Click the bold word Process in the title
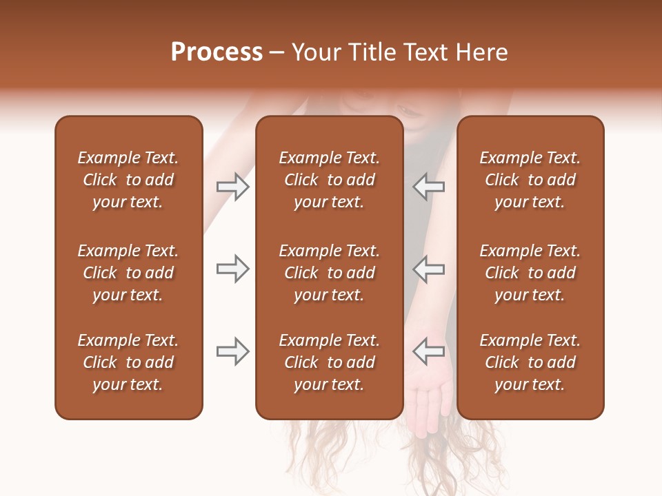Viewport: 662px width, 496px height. point(217,52)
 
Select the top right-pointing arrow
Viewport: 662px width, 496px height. point(233,187)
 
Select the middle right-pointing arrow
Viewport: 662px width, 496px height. point(233,269)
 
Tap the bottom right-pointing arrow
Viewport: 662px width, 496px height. point(233,351)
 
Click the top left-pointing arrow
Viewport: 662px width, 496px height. point(428,187)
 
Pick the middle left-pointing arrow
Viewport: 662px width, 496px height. point(428,269)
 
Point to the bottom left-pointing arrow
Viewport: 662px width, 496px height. point(428,351)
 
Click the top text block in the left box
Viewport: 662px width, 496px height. point(128,180)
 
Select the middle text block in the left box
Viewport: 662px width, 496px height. point(128,273)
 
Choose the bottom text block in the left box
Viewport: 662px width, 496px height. point(128,362)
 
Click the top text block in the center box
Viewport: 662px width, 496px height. point(329,180)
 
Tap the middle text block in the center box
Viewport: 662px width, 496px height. point(329,273)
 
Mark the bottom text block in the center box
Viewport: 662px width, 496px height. point(329,362)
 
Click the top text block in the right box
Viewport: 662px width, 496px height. point(530,180)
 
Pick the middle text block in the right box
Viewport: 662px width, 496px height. point(530,273)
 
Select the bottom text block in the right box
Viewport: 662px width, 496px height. point(530,362)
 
